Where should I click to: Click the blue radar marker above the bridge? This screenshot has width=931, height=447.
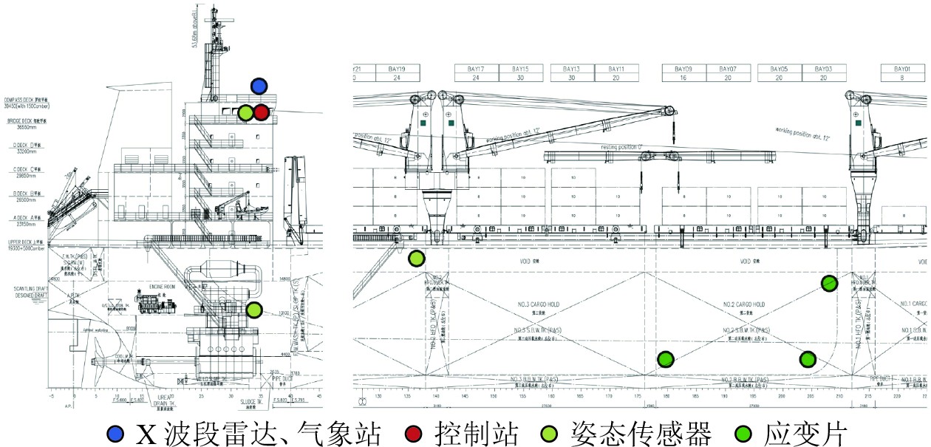coord(259,86)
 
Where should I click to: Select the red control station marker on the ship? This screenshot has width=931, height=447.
coord(261,113)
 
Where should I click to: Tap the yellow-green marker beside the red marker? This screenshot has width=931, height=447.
coord(245,113)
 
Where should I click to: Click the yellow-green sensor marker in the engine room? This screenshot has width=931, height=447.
coord(254,310)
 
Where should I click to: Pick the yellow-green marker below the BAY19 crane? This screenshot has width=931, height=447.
coord(417,259)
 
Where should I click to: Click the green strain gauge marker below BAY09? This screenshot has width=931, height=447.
coord(666,359)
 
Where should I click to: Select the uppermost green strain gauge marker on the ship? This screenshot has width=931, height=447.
coord(830,283)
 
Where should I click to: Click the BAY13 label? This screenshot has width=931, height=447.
coord(572,69)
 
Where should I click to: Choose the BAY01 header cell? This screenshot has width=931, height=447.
coord(904,69)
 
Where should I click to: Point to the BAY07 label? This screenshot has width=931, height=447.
coord(728,69)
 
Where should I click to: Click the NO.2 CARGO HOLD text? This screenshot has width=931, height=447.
coord(743,304)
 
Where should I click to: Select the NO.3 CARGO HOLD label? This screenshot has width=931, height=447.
coord(535,304)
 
